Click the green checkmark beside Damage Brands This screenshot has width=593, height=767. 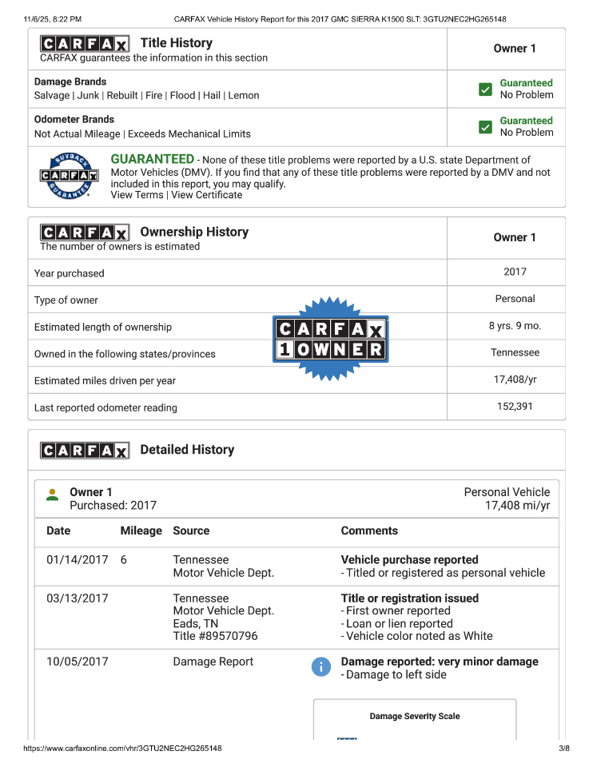485,89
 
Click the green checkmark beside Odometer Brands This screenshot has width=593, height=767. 485,127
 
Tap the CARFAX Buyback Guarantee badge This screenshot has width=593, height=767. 70,176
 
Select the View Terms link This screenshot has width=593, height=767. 137,195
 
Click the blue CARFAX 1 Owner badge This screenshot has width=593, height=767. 331,340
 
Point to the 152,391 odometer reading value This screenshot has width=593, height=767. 515,407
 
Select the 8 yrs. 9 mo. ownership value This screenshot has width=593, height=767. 515,326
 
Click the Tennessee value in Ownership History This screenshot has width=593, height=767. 515,352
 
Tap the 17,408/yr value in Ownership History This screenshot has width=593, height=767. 515,380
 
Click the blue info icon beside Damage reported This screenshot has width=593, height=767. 321,667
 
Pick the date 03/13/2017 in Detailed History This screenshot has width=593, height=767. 77,598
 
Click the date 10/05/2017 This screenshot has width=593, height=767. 77,662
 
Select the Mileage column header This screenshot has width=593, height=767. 141,531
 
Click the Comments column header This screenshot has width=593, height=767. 369,531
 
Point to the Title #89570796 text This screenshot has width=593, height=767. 215,637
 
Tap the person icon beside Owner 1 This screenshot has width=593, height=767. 53,495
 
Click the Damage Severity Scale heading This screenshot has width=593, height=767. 415,717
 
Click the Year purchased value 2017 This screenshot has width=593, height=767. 515,272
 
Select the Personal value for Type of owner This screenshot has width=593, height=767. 515,299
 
